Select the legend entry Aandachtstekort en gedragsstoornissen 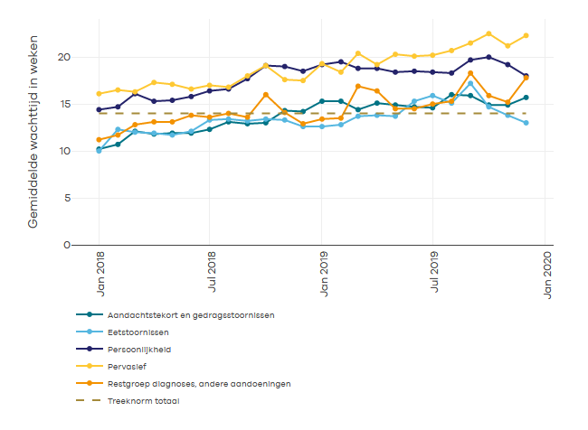click(x=190, y=314)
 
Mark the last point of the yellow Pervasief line click(x=526, y=35)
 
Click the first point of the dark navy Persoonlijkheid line click(x=100, y=109)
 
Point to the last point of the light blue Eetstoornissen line click(x=526, y=123)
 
